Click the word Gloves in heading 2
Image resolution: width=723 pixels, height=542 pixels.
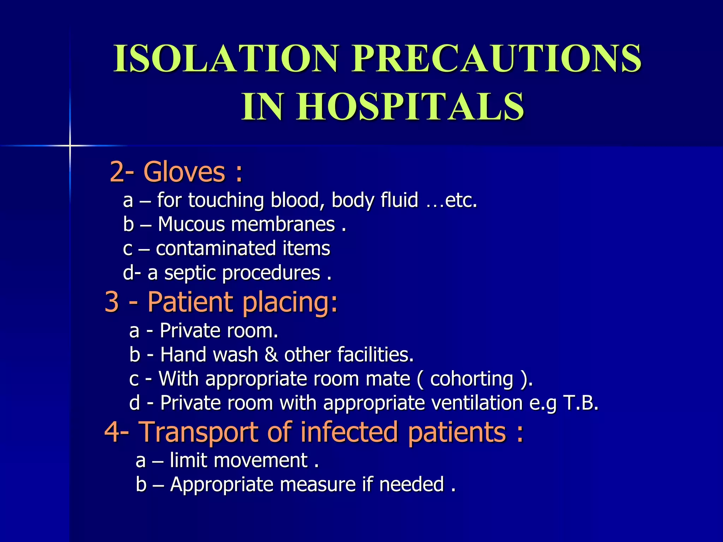pyautogui.click(x=184, y=172)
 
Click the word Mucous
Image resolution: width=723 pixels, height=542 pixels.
pyautogui.click(x=191, y=224)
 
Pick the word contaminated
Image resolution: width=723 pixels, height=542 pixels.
pyautogui.click(x=216, y=248)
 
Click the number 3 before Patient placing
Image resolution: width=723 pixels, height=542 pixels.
pyautogui.click(x=112, y=302)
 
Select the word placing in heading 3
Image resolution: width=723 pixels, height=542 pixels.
pyautogui.click(x=290, y=302)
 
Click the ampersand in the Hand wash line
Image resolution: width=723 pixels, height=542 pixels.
pyautogui.click(x=271, y=355)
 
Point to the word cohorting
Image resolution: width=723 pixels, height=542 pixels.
pyautogui.click(x=472, y=379)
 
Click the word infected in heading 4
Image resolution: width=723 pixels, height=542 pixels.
pyautogui.click(x=349, y=432)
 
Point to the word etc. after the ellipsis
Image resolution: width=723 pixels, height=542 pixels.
pyautogui.click(x=461, y=200)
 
